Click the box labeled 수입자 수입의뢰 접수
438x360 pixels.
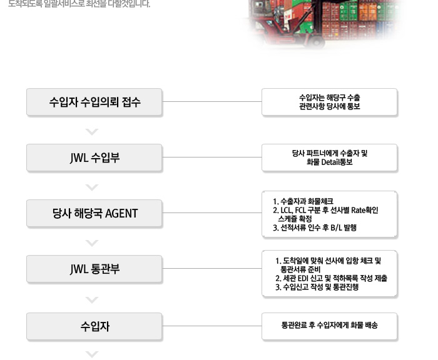pyautogui.click(x=94, y=102)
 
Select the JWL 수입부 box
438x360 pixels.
pyautogui.click(x=94, y=157)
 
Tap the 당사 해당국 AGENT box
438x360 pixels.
pyautogui.click(x=94, y=213)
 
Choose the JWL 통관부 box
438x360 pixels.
pyautogui.click(x=94, y=269)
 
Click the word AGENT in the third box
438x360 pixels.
pyautogui.click(x=121, y=214)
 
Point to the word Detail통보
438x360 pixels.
pyautogui.click(x=337, y=162)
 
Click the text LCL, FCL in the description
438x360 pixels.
pyautogui.click(x=293, y=210)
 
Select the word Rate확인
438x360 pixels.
pyautogui.click(x=365, y=210)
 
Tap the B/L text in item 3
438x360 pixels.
pyautogui.click(x=336, y=227)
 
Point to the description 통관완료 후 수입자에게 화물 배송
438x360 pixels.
pyautogui.click(x=330, y=325)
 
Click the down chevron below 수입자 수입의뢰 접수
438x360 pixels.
pyautogui.click(x=92, y=131)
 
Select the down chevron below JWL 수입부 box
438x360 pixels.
pyautogui.click(x=92, y=187)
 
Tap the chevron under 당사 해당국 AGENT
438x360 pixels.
pyautogui.click(x=92, y=242)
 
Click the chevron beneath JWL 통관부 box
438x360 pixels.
pyautogui.click(x=92, y=300)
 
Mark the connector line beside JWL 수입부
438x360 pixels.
pyautogui.click(x=212, y=157)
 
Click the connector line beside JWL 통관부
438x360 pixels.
pyautogui.click(x=212, y=269)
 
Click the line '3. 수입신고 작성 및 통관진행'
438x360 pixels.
pyautogui.click(x=317, y=287)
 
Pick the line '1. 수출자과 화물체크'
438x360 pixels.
pyautogui.click(x=303, y=201)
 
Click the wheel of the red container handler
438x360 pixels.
pyautogui.click(x=316, y=42)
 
